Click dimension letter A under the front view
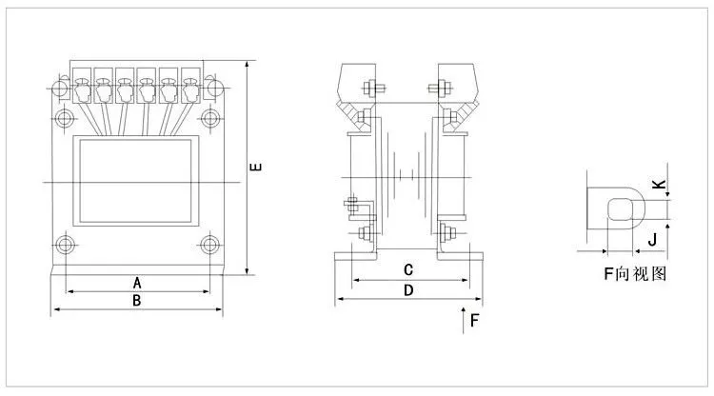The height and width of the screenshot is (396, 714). click(x=137, y=283)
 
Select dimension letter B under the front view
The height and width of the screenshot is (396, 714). click(x=136, y=301)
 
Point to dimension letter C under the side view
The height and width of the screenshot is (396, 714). click(x=408, y=270)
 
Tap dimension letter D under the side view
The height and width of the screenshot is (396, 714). click(x=408, y=290)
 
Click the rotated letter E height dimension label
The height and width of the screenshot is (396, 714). click(x=256, y=167)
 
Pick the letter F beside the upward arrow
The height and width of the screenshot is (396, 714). click(x=474, y=321)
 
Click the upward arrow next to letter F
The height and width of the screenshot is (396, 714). click(x=463, y=321)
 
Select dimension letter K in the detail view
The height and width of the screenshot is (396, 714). click(x=659, y=185)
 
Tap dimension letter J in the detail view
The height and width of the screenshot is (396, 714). click(x=652, y=239)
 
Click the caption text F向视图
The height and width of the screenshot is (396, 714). click(x=635, y=273)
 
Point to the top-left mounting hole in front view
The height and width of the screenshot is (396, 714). click(x=65, y=118)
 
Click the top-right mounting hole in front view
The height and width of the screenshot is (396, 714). click(x=210, y=118)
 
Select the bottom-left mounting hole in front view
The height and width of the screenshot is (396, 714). click(x=65, y=245)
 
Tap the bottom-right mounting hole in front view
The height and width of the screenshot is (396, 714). click(x=210, y=245)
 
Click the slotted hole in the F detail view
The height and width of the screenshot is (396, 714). click(x=621, y=209)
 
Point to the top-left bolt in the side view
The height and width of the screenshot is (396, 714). click(x=371, y=88)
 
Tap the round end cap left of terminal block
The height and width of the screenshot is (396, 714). click(x=60, y=88)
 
